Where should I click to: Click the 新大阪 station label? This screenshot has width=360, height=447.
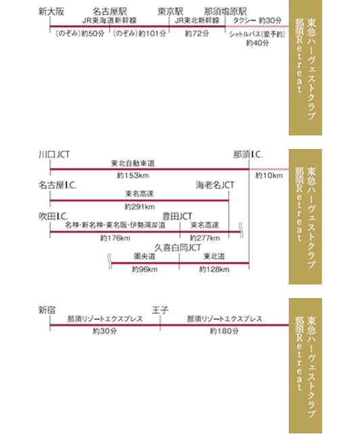click(51, 12)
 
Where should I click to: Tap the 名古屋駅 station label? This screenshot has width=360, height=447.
click(110, 12)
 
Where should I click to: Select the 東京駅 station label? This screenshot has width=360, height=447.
click(171, 12)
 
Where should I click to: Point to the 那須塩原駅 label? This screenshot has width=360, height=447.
click(225, 12)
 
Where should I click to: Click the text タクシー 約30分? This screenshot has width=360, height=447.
click(257, 20)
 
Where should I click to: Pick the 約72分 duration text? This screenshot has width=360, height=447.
click(196, 33)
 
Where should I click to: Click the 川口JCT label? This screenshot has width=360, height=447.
click(54, 154)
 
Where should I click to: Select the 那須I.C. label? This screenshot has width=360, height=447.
click(248, 154)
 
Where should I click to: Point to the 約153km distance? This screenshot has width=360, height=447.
click(133, 175)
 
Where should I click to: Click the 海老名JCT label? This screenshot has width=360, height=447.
click(215, 186)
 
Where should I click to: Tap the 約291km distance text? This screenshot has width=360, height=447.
click(139, 207)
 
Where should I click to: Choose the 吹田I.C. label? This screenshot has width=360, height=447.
click(53, 216)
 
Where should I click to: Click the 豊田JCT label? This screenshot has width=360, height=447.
click(177, 216)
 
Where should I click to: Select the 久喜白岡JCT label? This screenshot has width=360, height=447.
click(178, 247)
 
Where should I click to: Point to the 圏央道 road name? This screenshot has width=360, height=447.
click(145, 257)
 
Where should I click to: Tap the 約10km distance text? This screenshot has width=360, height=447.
click(269, 175)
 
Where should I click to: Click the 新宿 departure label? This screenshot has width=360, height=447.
click(47, 310)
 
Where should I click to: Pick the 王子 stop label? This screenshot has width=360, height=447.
click(160, 310)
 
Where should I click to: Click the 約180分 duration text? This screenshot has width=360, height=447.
click(224, 331)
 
